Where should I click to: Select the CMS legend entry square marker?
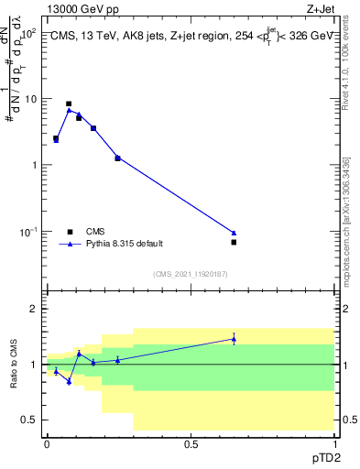69,232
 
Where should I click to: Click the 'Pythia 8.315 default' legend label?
125,245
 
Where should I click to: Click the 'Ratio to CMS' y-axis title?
16,365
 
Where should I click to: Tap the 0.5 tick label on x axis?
191,442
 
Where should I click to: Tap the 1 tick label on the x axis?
333,442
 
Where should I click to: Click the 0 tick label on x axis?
47,442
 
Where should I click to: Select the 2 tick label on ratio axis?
37,310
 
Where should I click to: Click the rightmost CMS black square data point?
234,242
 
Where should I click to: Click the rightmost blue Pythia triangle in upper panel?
234,233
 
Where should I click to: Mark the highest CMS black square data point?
69,104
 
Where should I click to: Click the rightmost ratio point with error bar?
234,339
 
